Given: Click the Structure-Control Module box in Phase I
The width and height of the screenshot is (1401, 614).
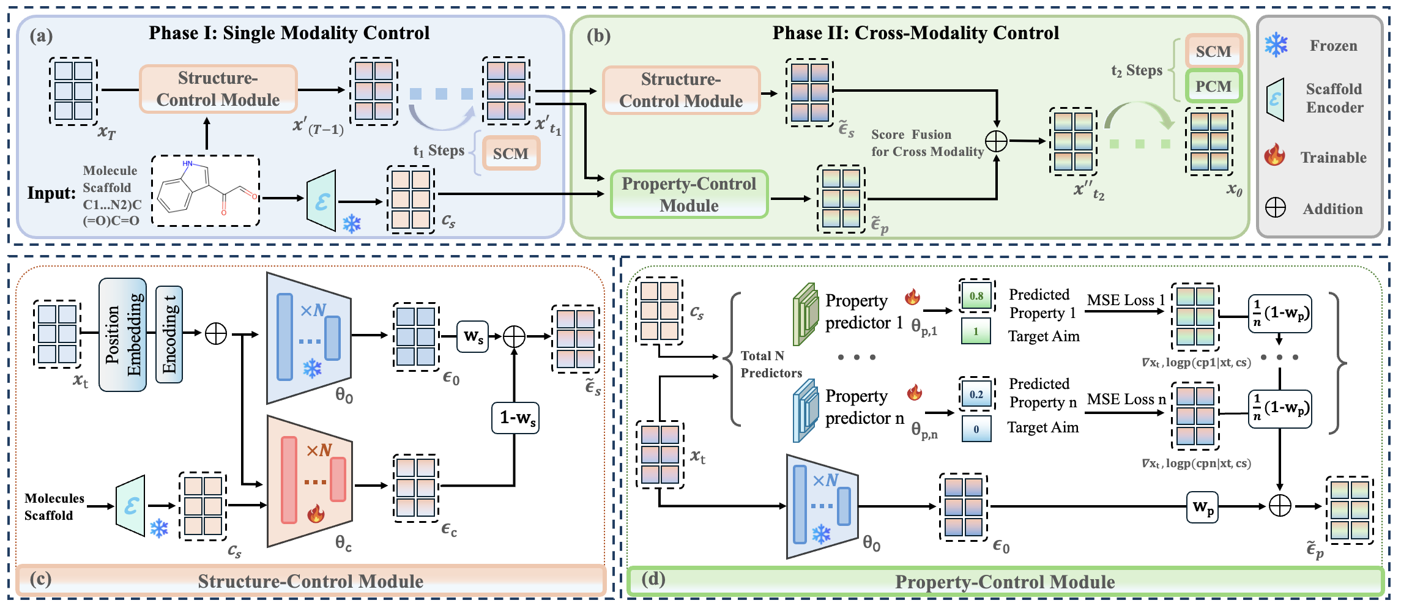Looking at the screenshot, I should click(218, 89).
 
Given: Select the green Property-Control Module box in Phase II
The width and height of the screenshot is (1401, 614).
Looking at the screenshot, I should click(689, 194).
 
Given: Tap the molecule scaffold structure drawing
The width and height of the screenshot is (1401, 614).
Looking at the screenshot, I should click(206, 191).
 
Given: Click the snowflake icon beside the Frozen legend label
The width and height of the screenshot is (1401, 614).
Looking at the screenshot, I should click(1276, 45).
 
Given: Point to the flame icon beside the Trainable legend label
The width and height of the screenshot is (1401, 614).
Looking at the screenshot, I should click(1275, 155).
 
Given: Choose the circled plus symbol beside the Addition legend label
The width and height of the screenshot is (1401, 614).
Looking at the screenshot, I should click(1275, 208).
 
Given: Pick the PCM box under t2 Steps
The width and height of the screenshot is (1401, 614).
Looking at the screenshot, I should click(1213, 86).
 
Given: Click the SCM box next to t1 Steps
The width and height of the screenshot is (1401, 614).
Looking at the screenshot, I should click(511, 153).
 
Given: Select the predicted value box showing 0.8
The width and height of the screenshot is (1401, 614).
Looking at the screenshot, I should click(976, 296).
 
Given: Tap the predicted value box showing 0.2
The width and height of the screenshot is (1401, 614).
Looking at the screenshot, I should click(976, 394).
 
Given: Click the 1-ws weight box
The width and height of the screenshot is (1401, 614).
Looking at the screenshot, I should click(516, 418).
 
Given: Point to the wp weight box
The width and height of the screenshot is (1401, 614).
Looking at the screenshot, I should click(1202, 507).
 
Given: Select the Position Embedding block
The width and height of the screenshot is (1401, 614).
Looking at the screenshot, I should click(122, 335).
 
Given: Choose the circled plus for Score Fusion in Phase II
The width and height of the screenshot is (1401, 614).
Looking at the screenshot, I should click(997, 141).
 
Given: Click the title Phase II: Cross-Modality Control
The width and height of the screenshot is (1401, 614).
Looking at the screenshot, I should click(915, 33).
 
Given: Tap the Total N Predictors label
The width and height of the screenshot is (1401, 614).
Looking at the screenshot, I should click(771, 364).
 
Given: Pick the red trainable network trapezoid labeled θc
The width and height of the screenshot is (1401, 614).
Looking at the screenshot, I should click(310, 481).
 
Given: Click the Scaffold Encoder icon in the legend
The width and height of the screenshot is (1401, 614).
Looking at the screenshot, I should click(1276, 99).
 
